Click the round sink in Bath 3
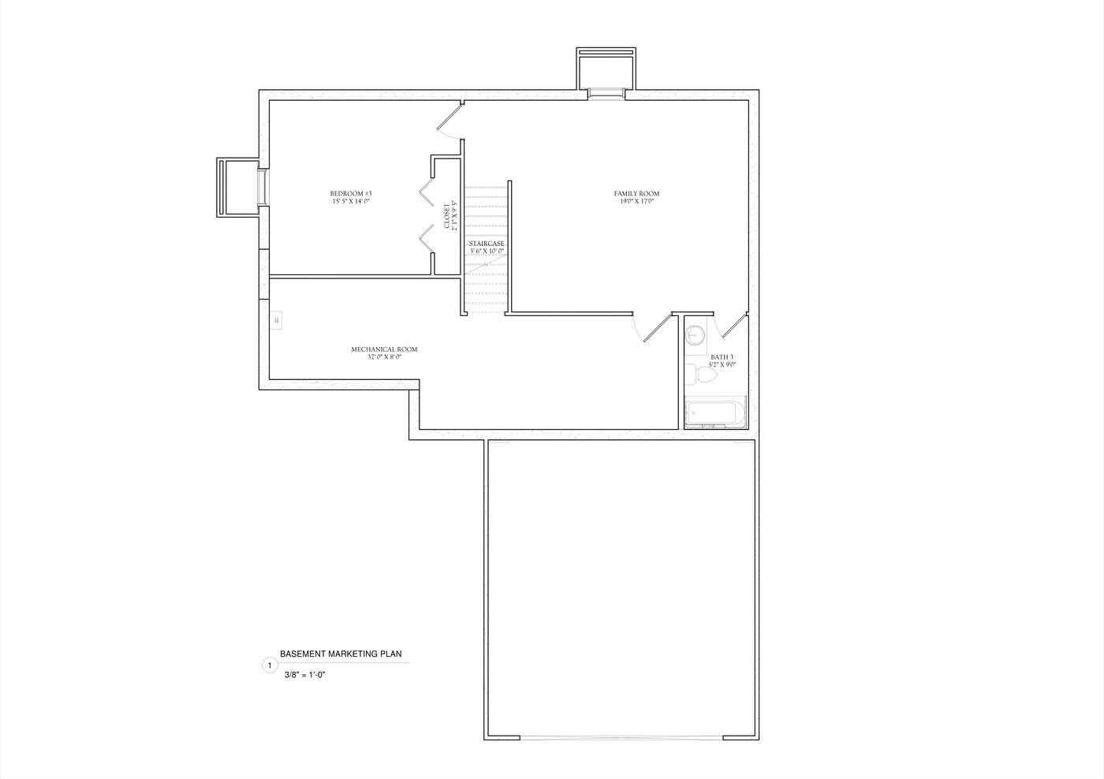pos(695,334)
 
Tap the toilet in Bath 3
pos(704,375)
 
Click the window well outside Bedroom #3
pos(238,187)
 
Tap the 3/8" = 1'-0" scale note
pos(305,675)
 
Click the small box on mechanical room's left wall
pos(277,320)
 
